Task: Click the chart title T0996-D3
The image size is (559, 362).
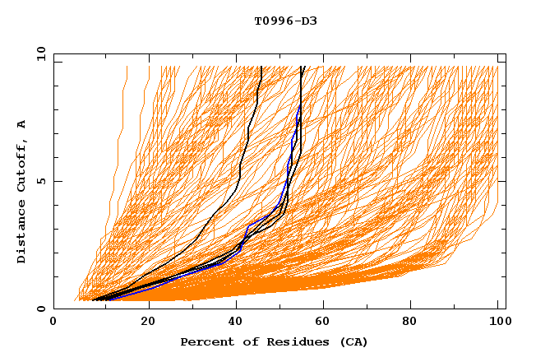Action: pyautogui.click(x=285, y=21)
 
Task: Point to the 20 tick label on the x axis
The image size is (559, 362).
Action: pyautogui.click(x=148, y=323)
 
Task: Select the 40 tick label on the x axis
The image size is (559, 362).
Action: pyautogui.click(x=238, y=323)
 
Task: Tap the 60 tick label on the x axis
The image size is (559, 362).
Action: pyautogui.click(x=326, y=323)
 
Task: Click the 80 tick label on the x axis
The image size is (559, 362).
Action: pyautogui.click(x=415, y=323)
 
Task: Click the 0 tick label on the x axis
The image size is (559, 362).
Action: pyautogui.click(x=54, y=323)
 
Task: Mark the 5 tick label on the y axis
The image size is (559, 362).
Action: pyautogui.click(x=40, y=181)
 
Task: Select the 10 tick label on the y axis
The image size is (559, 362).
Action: pyautogui.click(x=39, y=53)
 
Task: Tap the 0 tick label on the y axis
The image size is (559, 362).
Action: pyautogui.click(x=40, y=309)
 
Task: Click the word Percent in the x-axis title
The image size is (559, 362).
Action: pyautogui.click(x=205, y=341)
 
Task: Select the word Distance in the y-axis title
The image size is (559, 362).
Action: pyautogui.click(x=22, y=234)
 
